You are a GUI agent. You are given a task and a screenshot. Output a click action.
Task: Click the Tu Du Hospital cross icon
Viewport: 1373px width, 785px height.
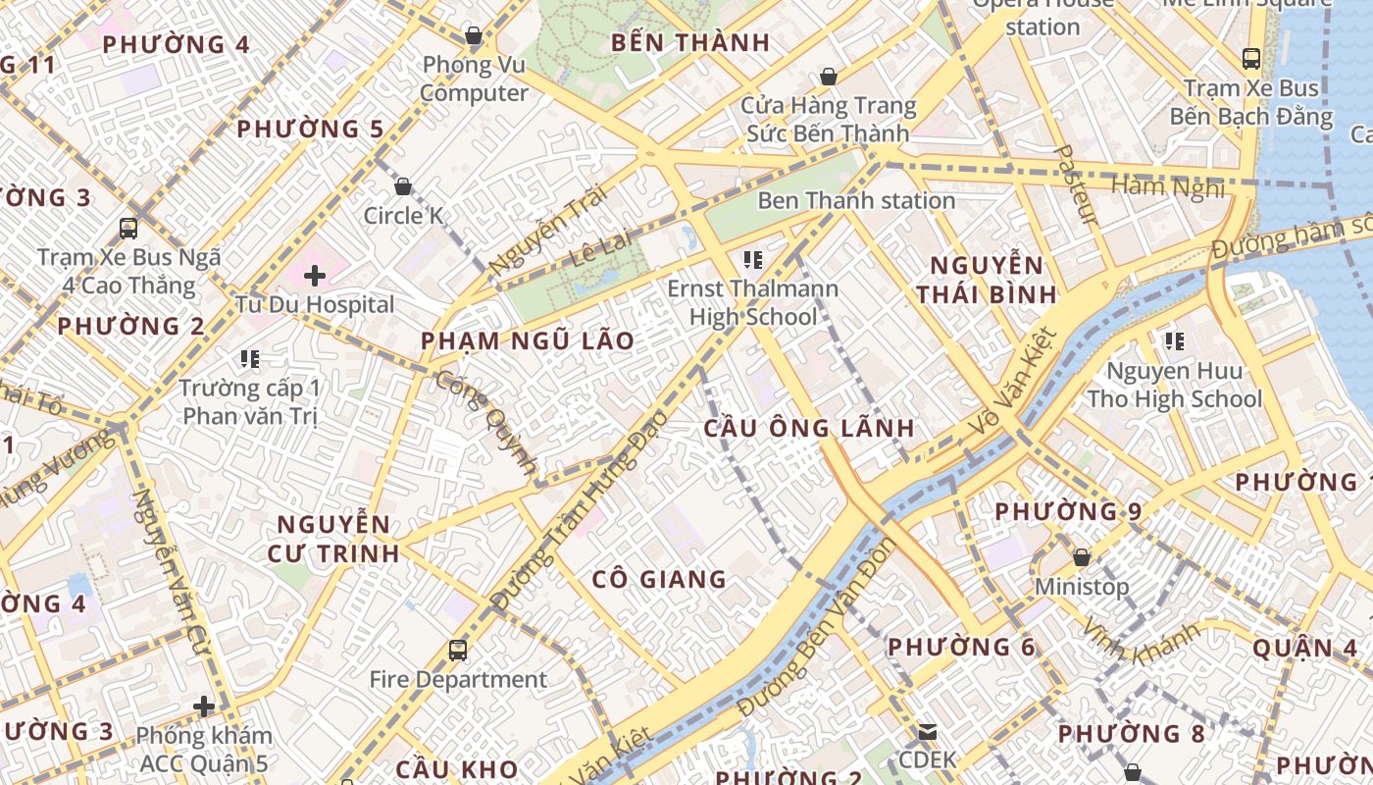click(x=315, y=276)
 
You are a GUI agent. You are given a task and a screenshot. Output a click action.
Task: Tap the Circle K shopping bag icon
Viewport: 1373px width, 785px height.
click(x=403, y=186)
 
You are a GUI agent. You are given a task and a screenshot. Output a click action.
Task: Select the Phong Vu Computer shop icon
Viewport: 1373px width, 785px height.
click(x=474, y=36)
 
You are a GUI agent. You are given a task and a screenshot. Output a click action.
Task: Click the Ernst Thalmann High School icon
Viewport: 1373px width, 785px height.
click(x=753, y=260)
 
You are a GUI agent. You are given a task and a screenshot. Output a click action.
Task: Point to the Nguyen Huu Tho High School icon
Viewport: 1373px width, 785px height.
click(x=1174, y=341)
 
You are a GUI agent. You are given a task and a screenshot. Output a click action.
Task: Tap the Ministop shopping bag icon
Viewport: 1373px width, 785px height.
click(x=1082, y=557)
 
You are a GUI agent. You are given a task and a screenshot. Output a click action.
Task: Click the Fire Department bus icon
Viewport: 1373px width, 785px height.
click(x=458, y=650)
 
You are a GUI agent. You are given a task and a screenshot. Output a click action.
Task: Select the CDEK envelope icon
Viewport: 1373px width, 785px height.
click(x=928, y=731)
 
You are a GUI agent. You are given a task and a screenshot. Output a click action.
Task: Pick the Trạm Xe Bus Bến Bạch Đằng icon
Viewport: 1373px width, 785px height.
click(x=1251, y=59)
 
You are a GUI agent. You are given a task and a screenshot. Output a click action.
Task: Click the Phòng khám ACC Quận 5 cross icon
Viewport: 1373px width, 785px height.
click(x=204, y=706)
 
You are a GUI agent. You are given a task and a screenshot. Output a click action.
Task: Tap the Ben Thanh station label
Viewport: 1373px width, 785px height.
click(x=856, y=200)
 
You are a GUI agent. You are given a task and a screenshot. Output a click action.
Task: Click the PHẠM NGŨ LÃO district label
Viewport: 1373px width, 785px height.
click(x=528, y=340)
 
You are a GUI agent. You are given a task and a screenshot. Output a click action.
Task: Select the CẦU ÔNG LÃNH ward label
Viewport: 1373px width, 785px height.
click(x=810, y=428)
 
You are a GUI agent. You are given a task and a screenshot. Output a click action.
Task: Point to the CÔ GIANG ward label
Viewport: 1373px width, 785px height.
click(x=659, y=579)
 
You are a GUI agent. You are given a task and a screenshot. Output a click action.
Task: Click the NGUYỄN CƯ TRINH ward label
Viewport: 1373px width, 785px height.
click(x=334, y=538)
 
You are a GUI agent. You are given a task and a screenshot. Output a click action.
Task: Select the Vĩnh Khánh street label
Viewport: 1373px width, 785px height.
click(x=1140, y=643)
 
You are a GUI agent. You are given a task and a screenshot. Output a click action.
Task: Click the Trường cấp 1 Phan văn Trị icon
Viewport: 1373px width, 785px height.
click(x=250, y=359)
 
